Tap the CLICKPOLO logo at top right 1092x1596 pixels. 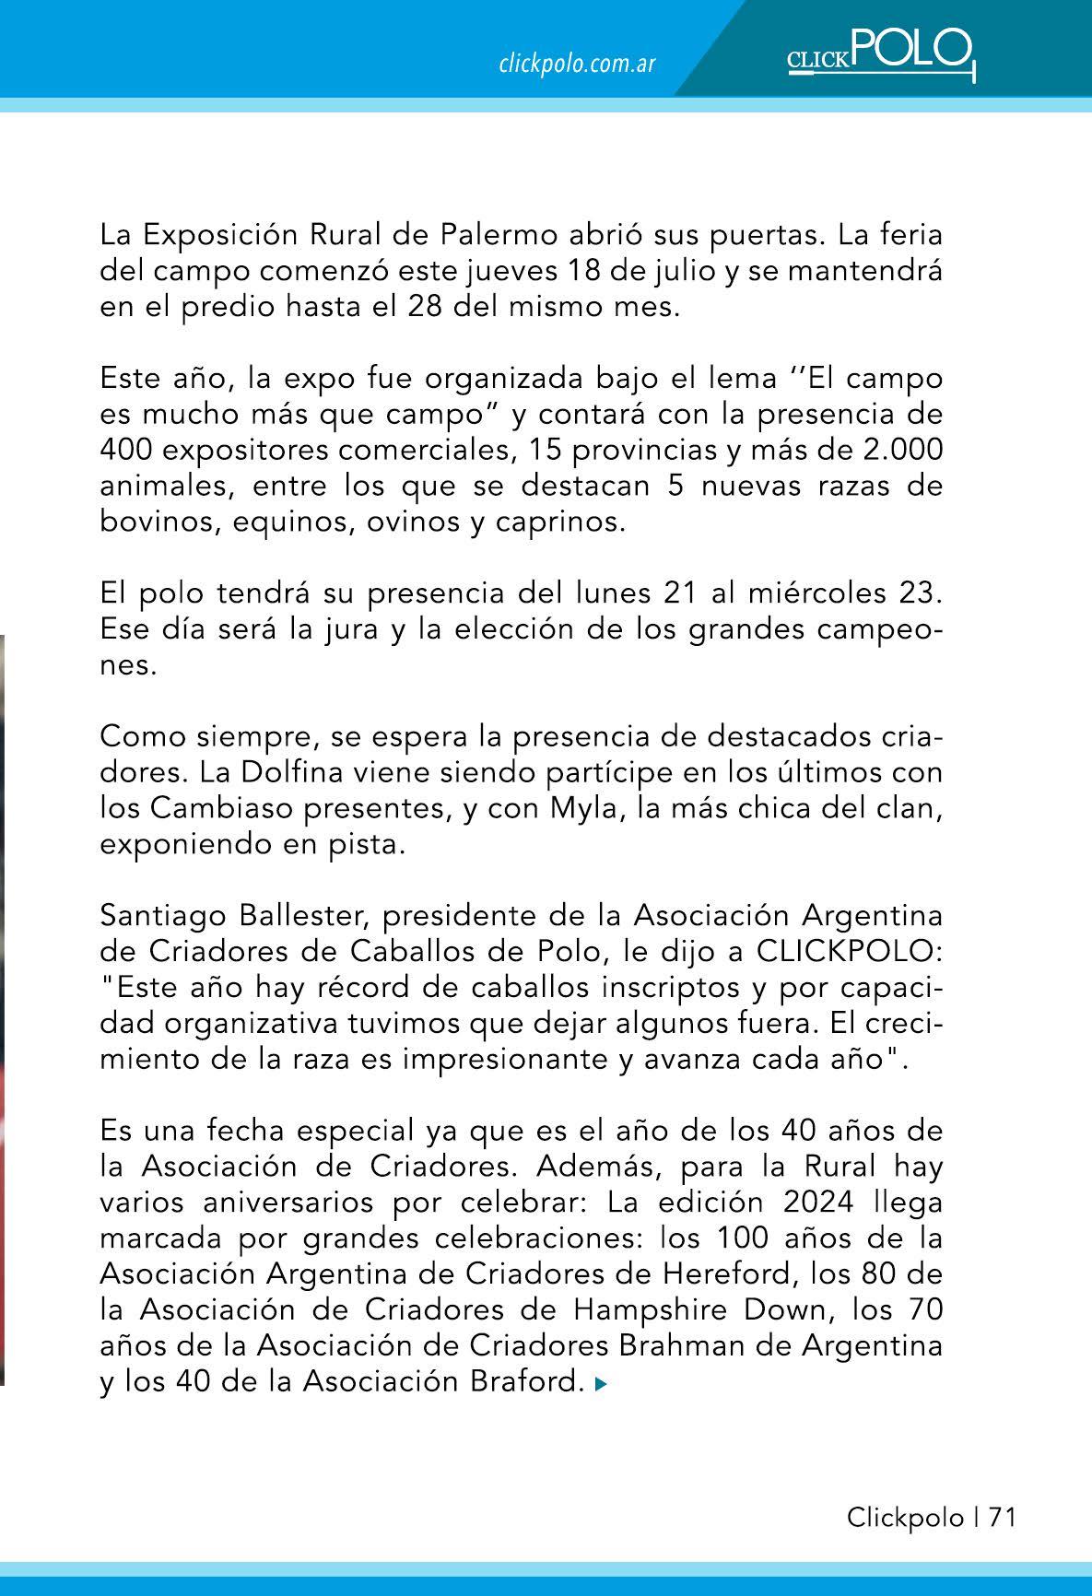(880, 54)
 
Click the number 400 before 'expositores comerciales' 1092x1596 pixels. (126, 450)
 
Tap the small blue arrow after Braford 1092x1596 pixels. (601, 1383)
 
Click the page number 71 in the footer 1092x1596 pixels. (1003, 1517)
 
